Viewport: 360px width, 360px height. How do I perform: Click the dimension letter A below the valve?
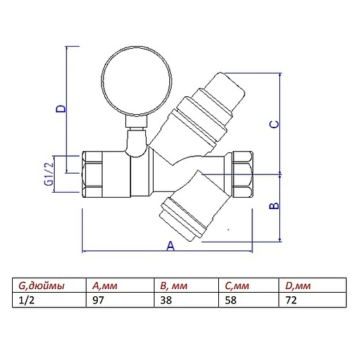[170, 246]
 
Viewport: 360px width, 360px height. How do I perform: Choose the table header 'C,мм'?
[235, 286]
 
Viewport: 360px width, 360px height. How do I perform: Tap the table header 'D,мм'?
[298, 286]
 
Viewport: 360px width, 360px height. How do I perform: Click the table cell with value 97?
[99, 299]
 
